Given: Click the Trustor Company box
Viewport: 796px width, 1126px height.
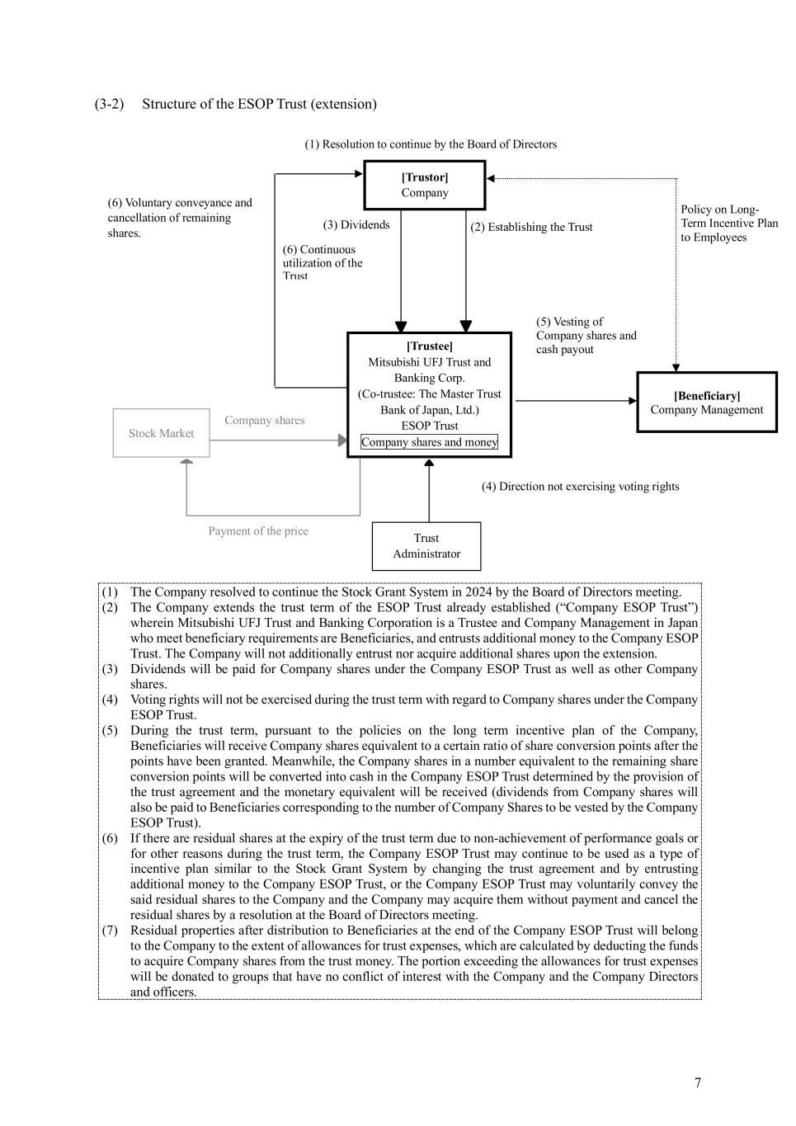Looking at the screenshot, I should [x=425, y=186].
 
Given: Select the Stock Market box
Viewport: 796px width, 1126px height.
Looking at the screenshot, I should [x=162, y=433].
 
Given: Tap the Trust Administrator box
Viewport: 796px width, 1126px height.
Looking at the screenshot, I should [x=426, y=546].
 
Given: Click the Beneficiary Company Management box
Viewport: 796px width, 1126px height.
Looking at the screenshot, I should [x=707, y=403].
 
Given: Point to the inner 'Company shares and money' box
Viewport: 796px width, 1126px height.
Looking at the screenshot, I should [x=429, y=442].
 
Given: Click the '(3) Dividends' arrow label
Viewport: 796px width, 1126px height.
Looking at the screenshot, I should [x=356, y=224].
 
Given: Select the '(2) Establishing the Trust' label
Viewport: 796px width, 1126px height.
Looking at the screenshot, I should [x=531, y=227].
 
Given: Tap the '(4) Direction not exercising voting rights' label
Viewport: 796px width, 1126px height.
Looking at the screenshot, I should [x=581, y=487].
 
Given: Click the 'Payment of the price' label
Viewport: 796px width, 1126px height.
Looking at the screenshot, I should [x=258, y=531].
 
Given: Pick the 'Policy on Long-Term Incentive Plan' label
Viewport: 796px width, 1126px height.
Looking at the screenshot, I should [x=728, y=224].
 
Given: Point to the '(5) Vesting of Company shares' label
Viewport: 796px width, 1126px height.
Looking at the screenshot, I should [x=586, y=335].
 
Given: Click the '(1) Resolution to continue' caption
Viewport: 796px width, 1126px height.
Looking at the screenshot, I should [x=431, y=144].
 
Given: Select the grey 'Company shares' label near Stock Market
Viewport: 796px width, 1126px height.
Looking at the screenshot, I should [x=264, y=421].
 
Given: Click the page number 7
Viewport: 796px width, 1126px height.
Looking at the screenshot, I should [x=698, y=1083].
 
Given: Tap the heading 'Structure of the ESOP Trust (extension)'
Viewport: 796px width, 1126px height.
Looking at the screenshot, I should [x=259, y=104].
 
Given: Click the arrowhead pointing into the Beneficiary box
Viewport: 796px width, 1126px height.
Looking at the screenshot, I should [x=633, y=401].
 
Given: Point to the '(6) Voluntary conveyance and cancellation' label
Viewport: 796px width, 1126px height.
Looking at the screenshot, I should [x=180, y=218].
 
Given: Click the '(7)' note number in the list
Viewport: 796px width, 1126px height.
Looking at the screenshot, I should [x=110, y=930].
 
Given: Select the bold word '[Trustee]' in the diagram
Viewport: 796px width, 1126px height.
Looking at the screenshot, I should [x=429, y=346].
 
